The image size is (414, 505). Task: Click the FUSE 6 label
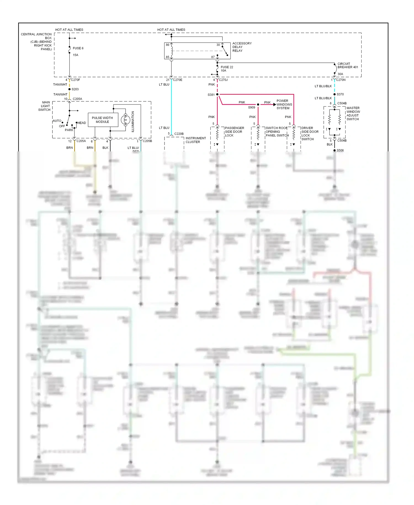pyautogui.click(x=78, y=48)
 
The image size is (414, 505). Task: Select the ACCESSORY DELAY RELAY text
pyautogui.click(x=242, y=47)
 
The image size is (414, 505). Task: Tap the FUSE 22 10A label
pyautogui.click(x=227, y=69)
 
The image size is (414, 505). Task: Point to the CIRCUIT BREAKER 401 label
pyautogui.click(x=347, y=65)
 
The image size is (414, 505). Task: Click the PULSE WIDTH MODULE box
pyautogui.click(x=103, y=120)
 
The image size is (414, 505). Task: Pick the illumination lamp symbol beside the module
pyautogui.click(x=126, y=120)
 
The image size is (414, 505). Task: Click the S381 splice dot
pyautogui.click(x=217, y=94)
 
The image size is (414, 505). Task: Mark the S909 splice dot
pyautogui.click(x=258, y=104)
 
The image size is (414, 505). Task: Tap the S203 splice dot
pyautogui.click(x=70, y=89)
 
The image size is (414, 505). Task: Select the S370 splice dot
pyautogui.click(x=335, y=94)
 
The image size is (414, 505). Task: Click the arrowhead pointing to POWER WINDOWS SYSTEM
pyautogui.click(x=274, y=104)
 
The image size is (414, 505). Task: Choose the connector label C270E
pyautogui.click(x=177, y=80)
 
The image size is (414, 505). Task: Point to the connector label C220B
pyautogui.click(x=179, y=134)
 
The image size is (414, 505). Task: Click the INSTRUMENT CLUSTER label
pyautogui.click(x=195, y=140)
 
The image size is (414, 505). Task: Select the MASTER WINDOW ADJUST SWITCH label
pyautogui.click(x=353, y=114)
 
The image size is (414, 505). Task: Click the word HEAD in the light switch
pyautogui.click(x=81, y=123)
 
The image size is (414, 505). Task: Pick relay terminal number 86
pyautogui.click(x=168, y=45)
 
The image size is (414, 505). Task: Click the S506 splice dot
pyautogui.click(x=335, y=150)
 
